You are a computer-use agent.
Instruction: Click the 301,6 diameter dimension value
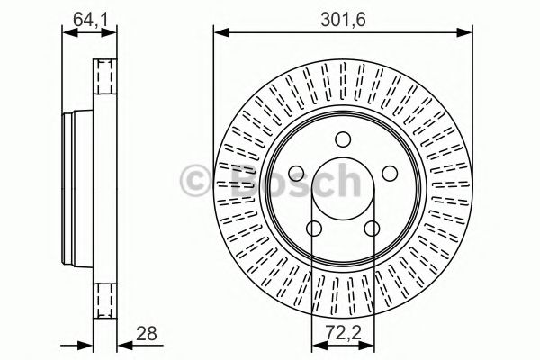[342, 16]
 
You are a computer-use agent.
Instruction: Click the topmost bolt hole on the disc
[342, 139]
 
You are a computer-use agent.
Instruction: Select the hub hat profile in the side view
[70, 184]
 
